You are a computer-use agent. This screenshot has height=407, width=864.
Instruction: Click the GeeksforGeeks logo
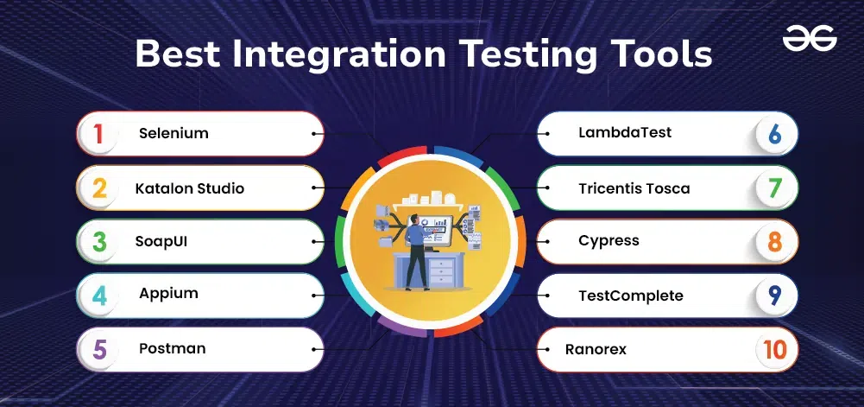coord(810,39)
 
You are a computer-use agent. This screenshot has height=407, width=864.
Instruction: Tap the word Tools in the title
coord(654,54)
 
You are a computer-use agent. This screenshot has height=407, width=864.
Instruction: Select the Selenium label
coord(173,133)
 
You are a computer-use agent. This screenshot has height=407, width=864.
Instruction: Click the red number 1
coord(98,134)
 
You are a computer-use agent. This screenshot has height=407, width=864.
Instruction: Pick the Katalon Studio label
coord(190,188)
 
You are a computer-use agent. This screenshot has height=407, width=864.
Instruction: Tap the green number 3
coord(99,242)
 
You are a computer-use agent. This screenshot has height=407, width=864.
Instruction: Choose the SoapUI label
coord(161,242)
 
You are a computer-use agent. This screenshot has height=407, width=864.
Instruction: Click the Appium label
coord(168,294)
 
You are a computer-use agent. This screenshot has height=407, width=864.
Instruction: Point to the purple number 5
coord(100,350)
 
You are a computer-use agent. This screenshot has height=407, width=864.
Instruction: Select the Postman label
coord(173,348)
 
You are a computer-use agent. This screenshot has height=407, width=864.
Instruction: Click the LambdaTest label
coord(625,132)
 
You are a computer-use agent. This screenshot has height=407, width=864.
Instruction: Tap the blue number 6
coord(775,134)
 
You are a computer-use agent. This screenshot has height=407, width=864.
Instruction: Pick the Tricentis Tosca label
coord(634,188)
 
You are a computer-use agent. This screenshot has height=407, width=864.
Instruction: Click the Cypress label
coord(609,242)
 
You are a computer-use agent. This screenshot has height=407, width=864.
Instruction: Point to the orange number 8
coord(775,242)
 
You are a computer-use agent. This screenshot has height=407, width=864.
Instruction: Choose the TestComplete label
coord(631,296)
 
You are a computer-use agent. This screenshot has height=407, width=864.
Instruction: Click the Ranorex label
coord(596,350)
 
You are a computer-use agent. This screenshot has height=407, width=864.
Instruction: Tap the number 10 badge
coord(775,350)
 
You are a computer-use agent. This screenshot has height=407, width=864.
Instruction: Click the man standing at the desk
coord(415,251)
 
